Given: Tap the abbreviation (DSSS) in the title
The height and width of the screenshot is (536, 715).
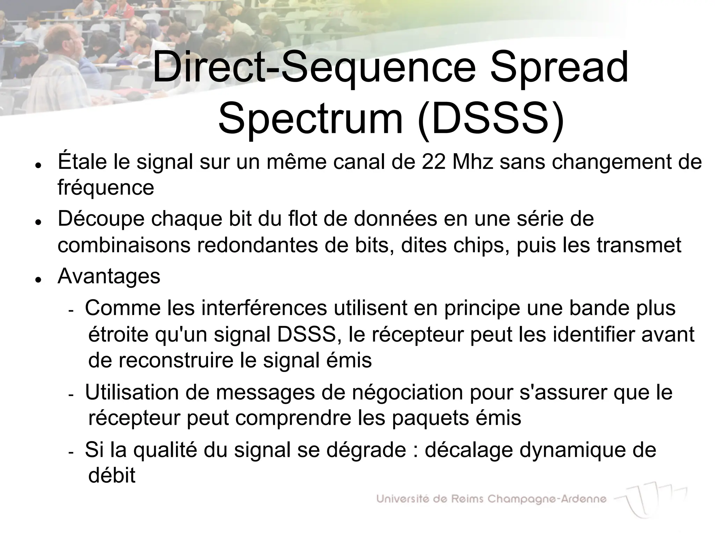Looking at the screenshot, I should (490, 119).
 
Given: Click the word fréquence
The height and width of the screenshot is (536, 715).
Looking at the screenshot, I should (106, 188).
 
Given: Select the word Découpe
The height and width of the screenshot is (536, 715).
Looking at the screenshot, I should (101, 219).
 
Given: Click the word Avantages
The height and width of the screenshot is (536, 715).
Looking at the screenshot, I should (109, 276).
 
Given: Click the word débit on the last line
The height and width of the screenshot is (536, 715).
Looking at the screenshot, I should (112, 476).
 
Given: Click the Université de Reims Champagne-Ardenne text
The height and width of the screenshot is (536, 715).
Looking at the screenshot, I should (491, 499).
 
